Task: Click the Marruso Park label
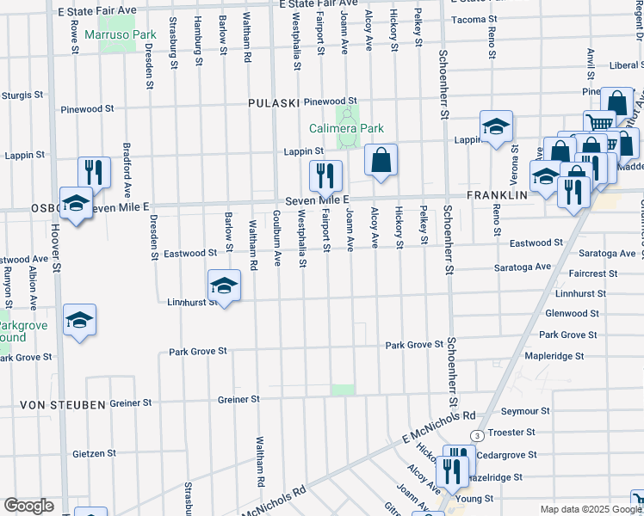point(120,35)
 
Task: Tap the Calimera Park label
point(347,128)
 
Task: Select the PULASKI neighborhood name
point(273,103)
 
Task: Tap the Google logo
point(28,506)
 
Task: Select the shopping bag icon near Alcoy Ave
point(380,160)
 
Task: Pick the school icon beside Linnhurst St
point(224,286)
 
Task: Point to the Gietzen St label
point(94,453)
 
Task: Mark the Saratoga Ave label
point(522,267)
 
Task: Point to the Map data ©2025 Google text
point(590,509)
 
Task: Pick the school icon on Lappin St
point(496,127)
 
